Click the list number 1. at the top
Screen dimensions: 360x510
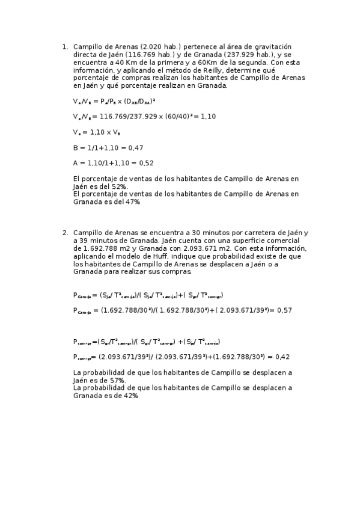[x=65, y=46]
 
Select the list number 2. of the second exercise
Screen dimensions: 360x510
[x=65, y=232]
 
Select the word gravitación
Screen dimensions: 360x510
[x=266, y=46]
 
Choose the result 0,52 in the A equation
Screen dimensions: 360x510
[x=145, y=163]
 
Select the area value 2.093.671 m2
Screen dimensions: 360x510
[x=195, y=248]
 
